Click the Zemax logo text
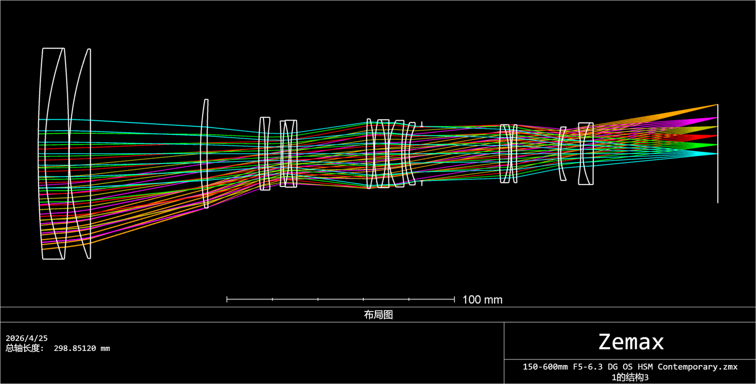pos(631,342)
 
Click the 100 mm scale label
pos(482,300)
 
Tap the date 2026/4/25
pos(27,338)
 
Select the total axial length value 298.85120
pos(75,348)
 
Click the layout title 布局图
pos(379,315)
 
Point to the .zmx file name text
pos(630,367)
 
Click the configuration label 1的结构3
pos(630,377)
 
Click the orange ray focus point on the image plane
pos(717,105)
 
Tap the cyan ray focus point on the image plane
pos(717,154)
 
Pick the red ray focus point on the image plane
pos(717,136)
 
